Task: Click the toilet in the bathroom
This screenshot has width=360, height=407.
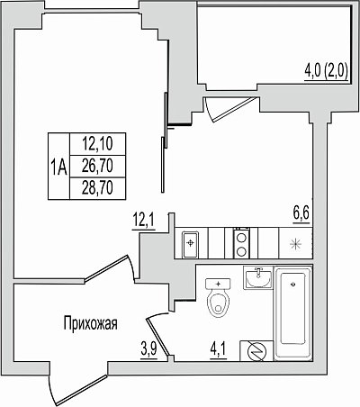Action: [218, 297]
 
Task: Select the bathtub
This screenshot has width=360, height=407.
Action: [293, 313]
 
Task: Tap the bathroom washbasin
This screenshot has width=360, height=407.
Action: [258, 277]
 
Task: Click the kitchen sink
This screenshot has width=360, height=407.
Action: [191, 243]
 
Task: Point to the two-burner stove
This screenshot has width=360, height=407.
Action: [241, 243]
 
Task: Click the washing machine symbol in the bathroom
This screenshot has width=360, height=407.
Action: [256, 351]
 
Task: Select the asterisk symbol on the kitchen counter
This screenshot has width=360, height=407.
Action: [295, 245]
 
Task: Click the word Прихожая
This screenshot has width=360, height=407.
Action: [90, 324]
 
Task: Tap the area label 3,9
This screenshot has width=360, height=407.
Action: [148, 350]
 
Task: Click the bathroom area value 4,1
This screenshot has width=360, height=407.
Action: [219, 350]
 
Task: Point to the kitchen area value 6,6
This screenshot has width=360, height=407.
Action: [301, 213]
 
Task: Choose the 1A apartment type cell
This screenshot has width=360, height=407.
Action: [58, 167]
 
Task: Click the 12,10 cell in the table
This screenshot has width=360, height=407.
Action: [97, 144]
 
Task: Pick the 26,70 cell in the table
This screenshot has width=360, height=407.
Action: [97, 167]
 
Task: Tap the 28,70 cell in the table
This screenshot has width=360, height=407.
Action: [97, 188]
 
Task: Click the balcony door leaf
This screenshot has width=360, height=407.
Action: [234, 109]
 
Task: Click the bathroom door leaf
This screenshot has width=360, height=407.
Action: [157, 338]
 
